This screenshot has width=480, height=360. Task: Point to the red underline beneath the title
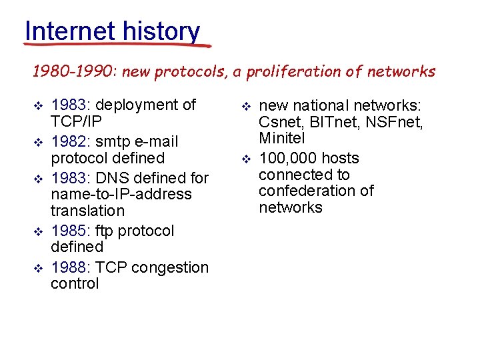(x=117, y=45)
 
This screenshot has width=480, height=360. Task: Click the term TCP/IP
(x=77, y=121)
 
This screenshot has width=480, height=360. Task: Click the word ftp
(x=106, y=231)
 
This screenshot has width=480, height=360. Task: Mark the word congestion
(x=170, y=267)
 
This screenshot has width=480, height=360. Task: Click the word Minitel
(x=281, y=138)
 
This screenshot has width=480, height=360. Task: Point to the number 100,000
(x=287, y=158)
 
